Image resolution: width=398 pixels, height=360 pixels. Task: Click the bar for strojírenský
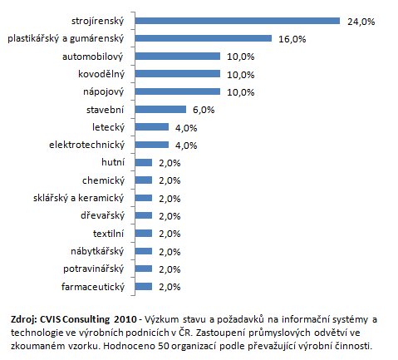point(238,21)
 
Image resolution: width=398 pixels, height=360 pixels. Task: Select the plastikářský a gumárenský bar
point(204,38)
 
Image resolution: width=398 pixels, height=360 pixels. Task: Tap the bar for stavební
point(160,110)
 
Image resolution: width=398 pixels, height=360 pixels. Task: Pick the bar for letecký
point(152,127)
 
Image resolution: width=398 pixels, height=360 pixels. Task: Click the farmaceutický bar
point(144,286)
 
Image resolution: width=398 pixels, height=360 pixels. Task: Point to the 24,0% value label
point(361,22)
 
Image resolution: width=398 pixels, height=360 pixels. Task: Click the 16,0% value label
point(292,39)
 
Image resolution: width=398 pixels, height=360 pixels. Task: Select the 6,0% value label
point(204,110)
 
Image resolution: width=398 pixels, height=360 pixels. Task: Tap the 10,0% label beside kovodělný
point(241,75)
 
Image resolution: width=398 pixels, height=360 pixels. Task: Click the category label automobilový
point(93,57)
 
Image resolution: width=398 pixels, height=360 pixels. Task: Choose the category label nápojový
point(104,91)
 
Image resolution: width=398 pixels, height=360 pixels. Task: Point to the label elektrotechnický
point(87,145)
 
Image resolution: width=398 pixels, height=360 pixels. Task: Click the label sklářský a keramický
point(78,198)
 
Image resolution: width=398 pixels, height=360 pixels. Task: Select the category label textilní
point(108,234)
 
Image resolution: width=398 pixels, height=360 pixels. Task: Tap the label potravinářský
point(94,269)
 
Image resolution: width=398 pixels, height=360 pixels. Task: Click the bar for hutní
point(144,162)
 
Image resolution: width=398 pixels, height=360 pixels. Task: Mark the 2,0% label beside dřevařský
point(170,216)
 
